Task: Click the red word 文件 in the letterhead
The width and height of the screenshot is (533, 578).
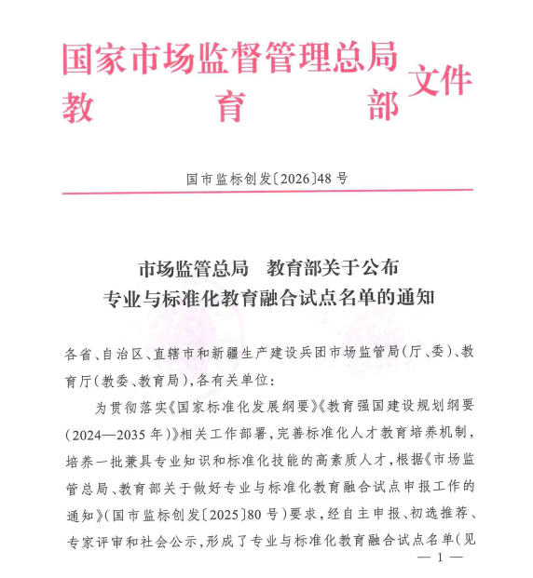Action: click(x=440, y=83)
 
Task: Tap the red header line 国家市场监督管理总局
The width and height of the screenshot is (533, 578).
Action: click(x=229, y=59)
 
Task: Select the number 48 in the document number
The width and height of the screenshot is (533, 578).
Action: click(x=327, y=177)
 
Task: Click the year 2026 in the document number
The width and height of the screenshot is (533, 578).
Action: click(x=292, y=177)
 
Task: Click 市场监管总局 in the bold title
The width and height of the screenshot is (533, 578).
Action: click(x=193, y=268)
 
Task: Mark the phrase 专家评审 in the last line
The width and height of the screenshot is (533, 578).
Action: click(x=95, y=538)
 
